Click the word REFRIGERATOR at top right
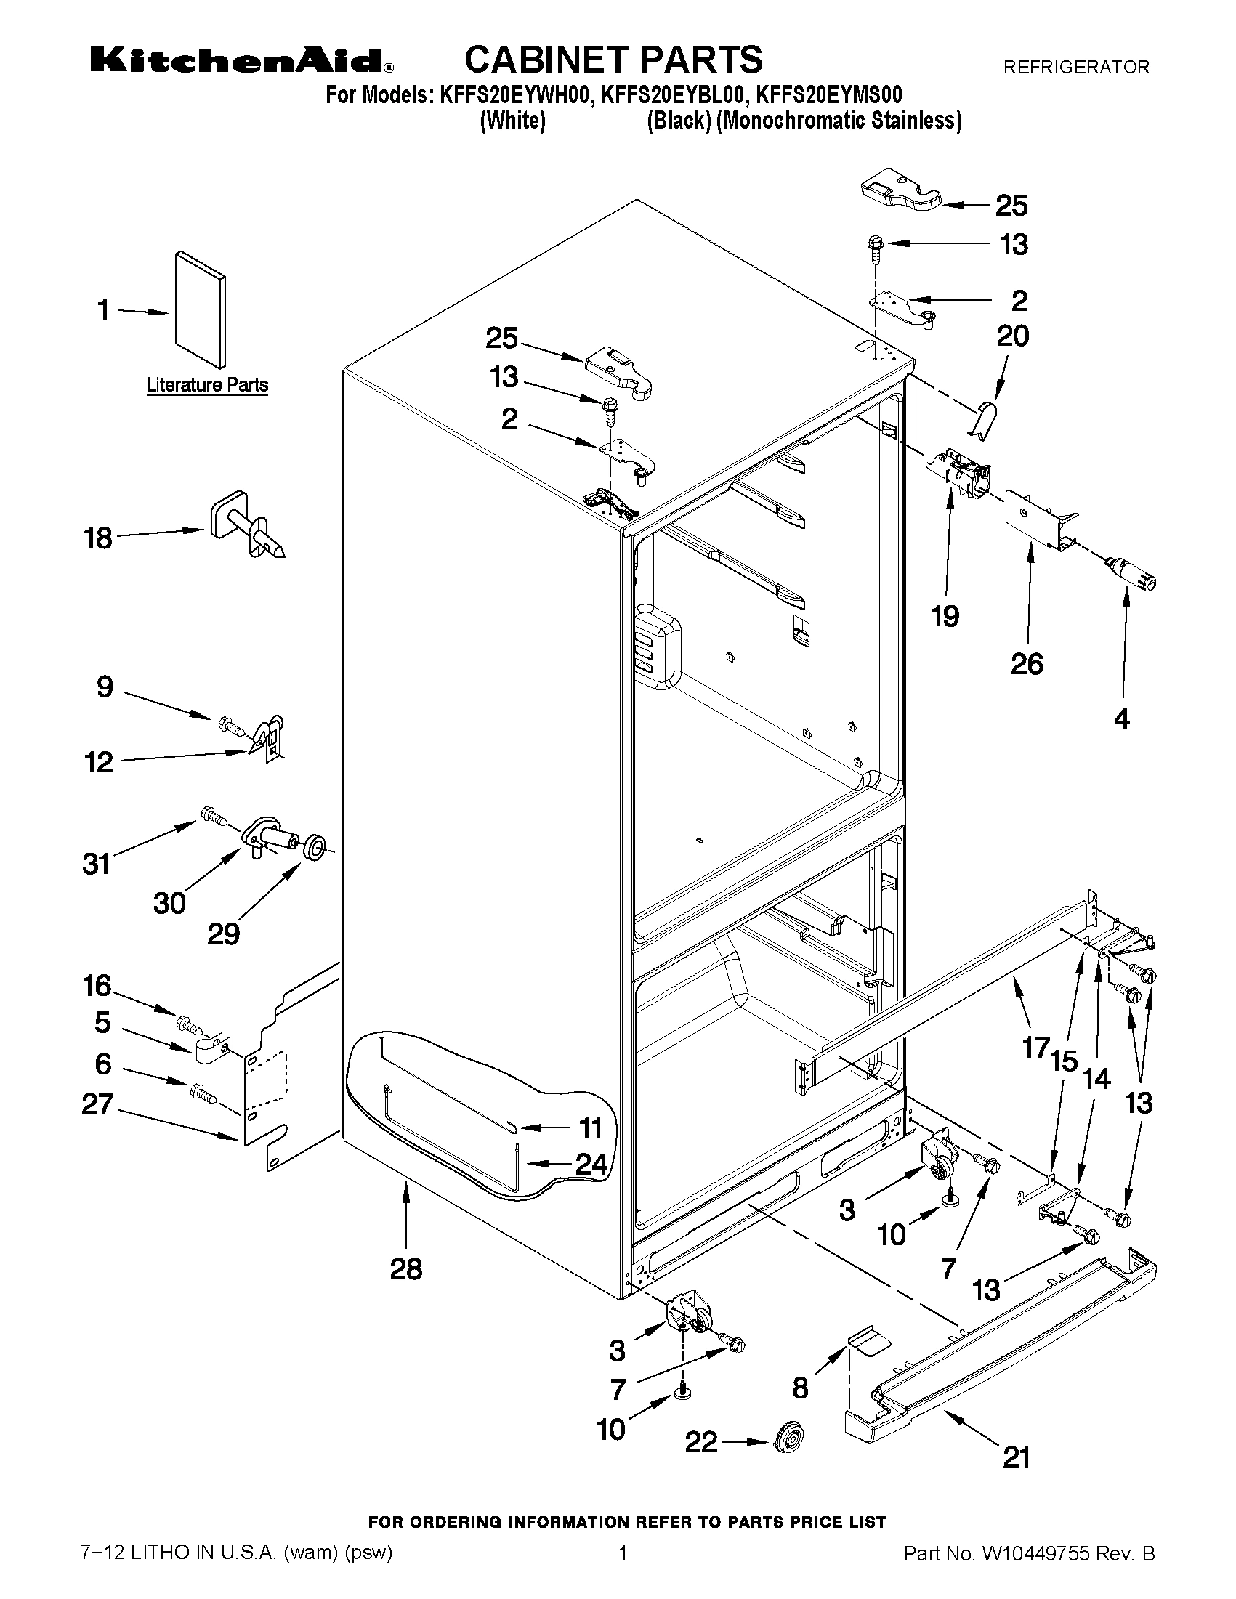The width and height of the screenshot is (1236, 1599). (1075, 68)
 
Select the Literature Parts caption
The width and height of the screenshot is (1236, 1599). (207, 385)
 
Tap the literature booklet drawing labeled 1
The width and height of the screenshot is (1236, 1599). (200, 310)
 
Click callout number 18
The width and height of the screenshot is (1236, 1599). (99, 539)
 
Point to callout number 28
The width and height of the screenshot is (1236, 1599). (405, 1268)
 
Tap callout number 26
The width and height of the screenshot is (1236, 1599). (1026, 664)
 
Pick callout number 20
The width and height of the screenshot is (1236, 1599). (1012, 337)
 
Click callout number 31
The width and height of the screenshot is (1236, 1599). (96, 864)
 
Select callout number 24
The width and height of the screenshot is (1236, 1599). (590, 1164)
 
